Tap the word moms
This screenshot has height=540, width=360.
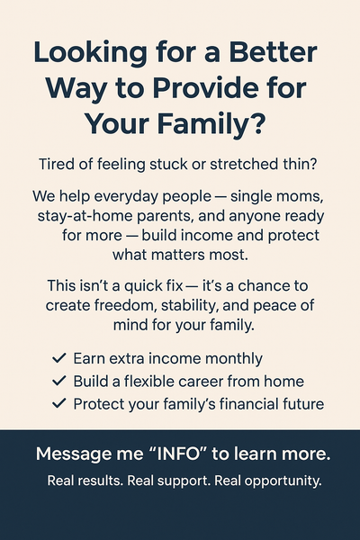pyautogui.click(x=301, y=196)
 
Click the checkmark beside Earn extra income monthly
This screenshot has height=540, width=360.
pyautogui.click(x=59, y=357)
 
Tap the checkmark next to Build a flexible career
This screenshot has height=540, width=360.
pyautogui.click(x=59, y=381)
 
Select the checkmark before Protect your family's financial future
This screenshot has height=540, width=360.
pyautogui.click(x=59, y=403)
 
